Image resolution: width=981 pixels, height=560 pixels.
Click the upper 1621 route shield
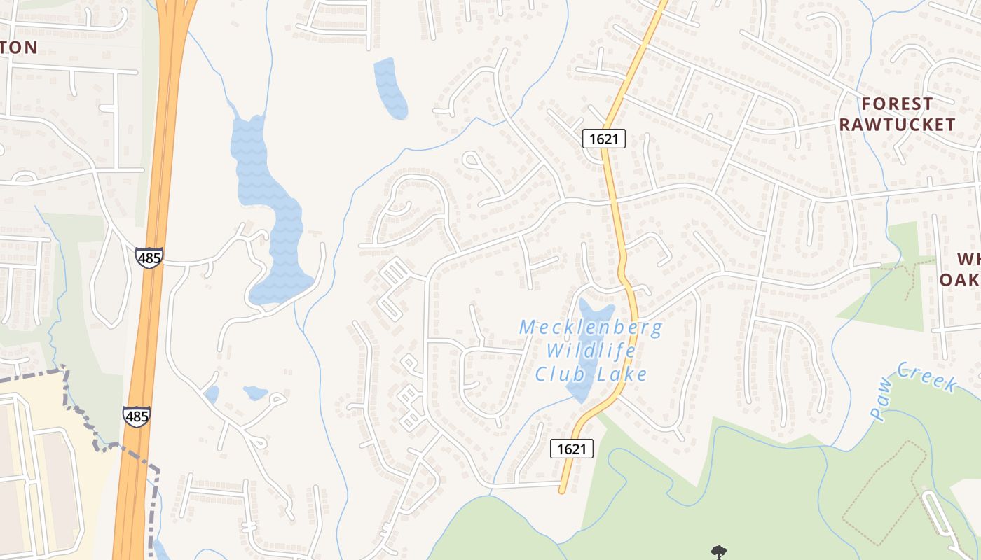tap(603, 139)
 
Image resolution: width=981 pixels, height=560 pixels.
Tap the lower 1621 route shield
tap(572, 449)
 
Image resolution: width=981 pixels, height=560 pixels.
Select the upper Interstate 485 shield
tap(149, 258)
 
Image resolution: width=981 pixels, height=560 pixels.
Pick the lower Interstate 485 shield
tap(136, 416)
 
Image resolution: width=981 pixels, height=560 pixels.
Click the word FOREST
tap(897, 104)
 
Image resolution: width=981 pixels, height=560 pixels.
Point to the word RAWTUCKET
tap(897, 125)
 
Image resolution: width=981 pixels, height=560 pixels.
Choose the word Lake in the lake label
tap(622, 374)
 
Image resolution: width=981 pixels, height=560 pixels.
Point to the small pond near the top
tap(390, 87)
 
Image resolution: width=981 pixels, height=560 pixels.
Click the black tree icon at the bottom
tap(718, 552)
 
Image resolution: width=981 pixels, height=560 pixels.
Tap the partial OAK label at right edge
tap(959, 280)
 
